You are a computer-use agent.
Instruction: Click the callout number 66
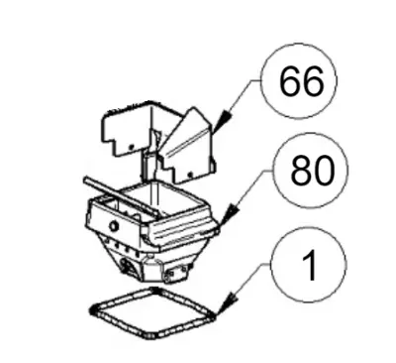(301, 81)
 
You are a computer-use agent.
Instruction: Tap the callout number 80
(313, 170)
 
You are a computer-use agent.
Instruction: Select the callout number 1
(310, 265)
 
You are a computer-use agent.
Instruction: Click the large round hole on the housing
(114, 226)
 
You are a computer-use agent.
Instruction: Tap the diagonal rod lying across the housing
(122, 196)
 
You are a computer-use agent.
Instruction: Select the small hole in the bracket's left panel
(131, 147)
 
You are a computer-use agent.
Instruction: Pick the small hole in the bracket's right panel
(190, 174)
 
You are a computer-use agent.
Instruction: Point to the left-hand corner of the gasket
(92, 309)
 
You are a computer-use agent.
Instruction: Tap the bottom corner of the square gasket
(149, 335)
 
